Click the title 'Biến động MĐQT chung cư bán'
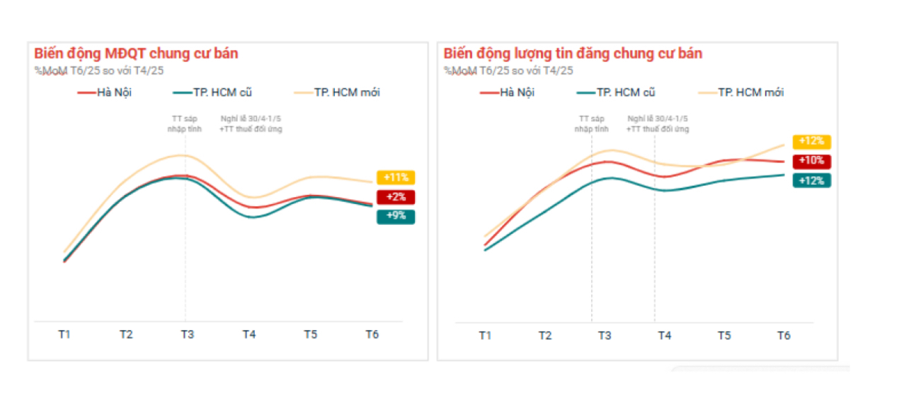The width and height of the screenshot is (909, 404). pyautogui.click(x=136, y=54)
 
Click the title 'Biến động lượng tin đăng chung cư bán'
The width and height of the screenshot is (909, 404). pyautogui.click(x=573, y=54)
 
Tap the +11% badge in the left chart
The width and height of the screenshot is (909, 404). pyautogui.click(x=396, y=177)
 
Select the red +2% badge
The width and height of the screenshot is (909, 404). pyautogui.click(x=396, y=197)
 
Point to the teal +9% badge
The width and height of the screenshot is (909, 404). pyautogui.click(x=396, y=216)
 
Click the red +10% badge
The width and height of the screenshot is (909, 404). pyautogui.click(x=811, y=161)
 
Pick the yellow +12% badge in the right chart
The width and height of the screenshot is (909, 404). pyautogui.click(x=811, y=141)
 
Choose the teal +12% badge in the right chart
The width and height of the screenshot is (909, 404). pyautogui.click(x=811, y=181)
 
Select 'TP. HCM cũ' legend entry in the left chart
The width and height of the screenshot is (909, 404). pyautogui.click(x=212, y=92)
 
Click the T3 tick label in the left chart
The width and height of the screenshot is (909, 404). pyautogui.click(x=187, y=335)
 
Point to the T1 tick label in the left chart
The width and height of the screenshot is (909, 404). pyautogui.click(x=64, y=335)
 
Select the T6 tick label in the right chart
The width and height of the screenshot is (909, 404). pyautogui.click(x=784, y=335)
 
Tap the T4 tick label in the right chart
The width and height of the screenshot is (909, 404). pyautogui.click(x=664, y=335)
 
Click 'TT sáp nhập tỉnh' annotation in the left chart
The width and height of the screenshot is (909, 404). pyautogui.click(x=185, y=123)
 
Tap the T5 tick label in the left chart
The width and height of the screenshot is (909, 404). pyautogui.click(x=310, y=335)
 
